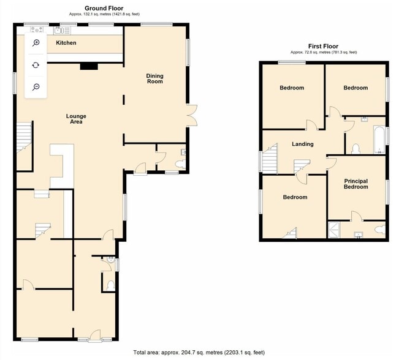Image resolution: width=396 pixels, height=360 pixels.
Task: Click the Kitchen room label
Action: (x=66, y=43)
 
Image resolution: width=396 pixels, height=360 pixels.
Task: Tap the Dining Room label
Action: (x=154, y=78)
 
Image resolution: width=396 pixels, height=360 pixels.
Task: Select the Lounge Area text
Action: (x=77, y=119)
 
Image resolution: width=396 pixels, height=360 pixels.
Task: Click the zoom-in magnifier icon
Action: (x=36, y=42)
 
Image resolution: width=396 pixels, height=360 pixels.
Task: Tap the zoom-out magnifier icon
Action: (x=36, y=87)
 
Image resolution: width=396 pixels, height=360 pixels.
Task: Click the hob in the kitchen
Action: (x=36, y=29)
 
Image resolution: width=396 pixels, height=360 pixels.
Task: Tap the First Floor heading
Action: (x=323, y=46)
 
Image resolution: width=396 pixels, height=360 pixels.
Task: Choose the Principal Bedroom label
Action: (x=356, y=184)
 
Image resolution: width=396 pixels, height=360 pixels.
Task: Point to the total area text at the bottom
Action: (x=199, y=353)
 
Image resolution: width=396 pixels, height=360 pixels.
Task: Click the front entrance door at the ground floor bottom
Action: (x=94, y=335)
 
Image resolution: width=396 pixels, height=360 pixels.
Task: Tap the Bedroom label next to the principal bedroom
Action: (x=295, y=197)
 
